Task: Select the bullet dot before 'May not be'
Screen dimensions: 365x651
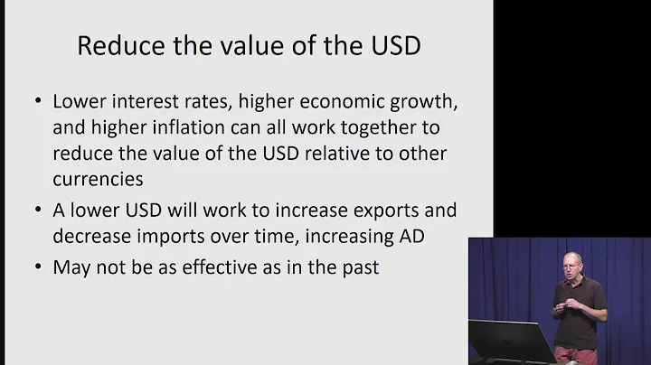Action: point(37,267)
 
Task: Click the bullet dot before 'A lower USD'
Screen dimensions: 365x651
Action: point(37,211)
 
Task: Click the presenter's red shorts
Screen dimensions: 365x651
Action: point(576,355)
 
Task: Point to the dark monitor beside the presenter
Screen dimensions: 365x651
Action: point(510,342)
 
